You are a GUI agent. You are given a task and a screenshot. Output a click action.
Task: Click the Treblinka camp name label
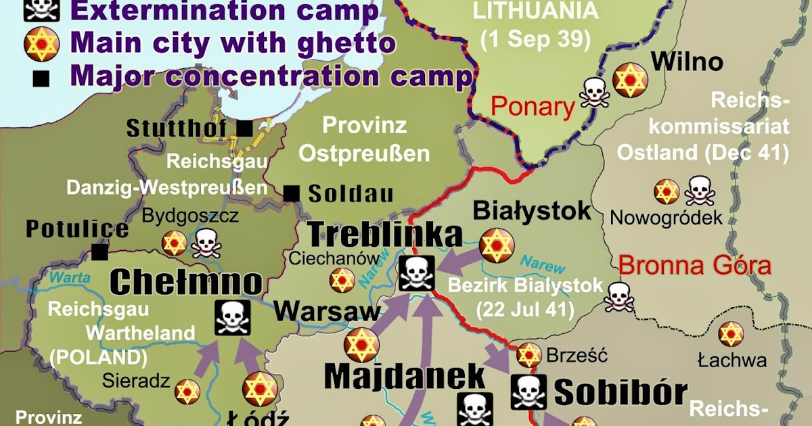[x=386, y=234]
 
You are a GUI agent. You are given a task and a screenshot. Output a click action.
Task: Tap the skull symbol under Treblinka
[x=415, y=274]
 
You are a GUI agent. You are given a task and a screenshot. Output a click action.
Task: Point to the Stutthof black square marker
[x=244, y=127]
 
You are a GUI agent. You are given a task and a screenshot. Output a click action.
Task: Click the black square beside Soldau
[x=292, y=194]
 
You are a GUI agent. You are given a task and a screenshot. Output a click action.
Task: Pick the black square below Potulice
[x=101, y=252]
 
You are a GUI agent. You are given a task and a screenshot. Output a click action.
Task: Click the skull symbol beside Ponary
[x=593, y=93]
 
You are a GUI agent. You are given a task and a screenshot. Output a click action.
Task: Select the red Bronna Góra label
[x=695, y=265]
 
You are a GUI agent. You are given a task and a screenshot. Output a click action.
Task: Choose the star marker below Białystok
[x=497, y=245]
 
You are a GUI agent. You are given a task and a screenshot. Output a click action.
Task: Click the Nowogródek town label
[x=666, y=218]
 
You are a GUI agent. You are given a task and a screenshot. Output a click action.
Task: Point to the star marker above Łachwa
[x=731, y=335]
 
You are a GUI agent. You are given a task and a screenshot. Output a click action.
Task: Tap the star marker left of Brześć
[x=529, y=354]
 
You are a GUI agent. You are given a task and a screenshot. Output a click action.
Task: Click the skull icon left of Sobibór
[x=528, y=392]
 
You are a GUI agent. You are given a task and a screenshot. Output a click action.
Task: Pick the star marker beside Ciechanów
[x=342, y=280]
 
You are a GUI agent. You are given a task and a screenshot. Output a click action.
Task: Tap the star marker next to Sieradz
[x=187, y=391]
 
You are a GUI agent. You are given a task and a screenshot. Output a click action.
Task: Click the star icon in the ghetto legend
[x=39, y=44]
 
